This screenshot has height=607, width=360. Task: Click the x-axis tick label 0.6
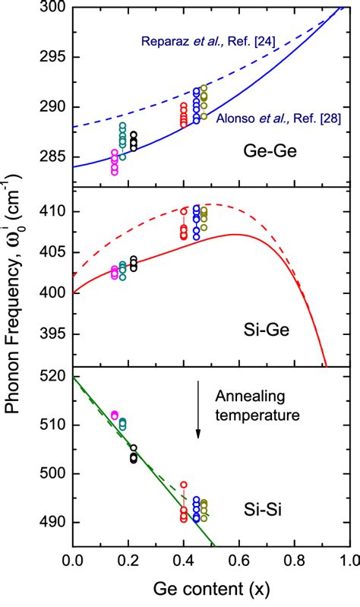pos(238,563)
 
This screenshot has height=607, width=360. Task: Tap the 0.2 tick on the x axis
pos(128,563)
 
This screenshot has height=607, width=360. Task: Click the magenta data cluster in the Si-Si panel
pos(115,415)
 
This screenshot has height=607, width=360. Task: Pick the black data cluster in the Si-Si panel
pos(134,454)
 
